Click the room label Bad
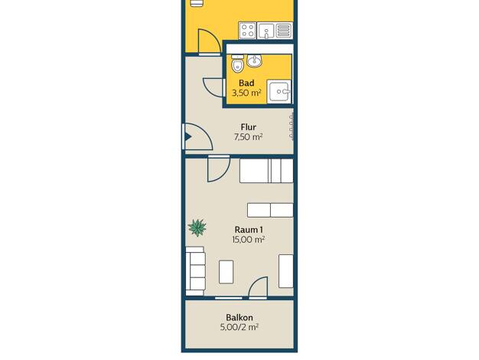click(x=246, y=83)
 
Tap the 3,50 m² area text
click(x=246, y=93)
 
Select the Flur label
click(x=249, y=126)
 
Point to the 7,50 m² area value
click(x=249, y=136)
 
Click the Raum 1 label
click(x=249, y=229)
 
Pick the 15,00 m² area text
click(x=249, y=240)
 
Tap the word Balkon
click(x=239, y=317)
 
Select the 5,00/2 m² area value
click(x=239, y=328)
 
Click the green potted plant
click(x=197, y=227)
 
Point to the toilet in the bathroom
click(x=237, y=64)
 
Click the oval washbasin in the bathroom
click(x=254, y=61)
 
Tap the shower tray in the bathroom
click(x=279, y=91)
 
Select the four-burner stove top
click(x=247, y=31)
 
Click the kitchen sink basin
click(x=266, y=31)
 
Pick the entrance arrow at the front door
click(x=188, y=136)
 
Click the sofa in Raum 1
click(x=196, y=271)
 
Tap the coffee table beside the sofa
click(x=226, y=272)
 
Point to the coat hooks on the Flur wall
click(x=291, y=126)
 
